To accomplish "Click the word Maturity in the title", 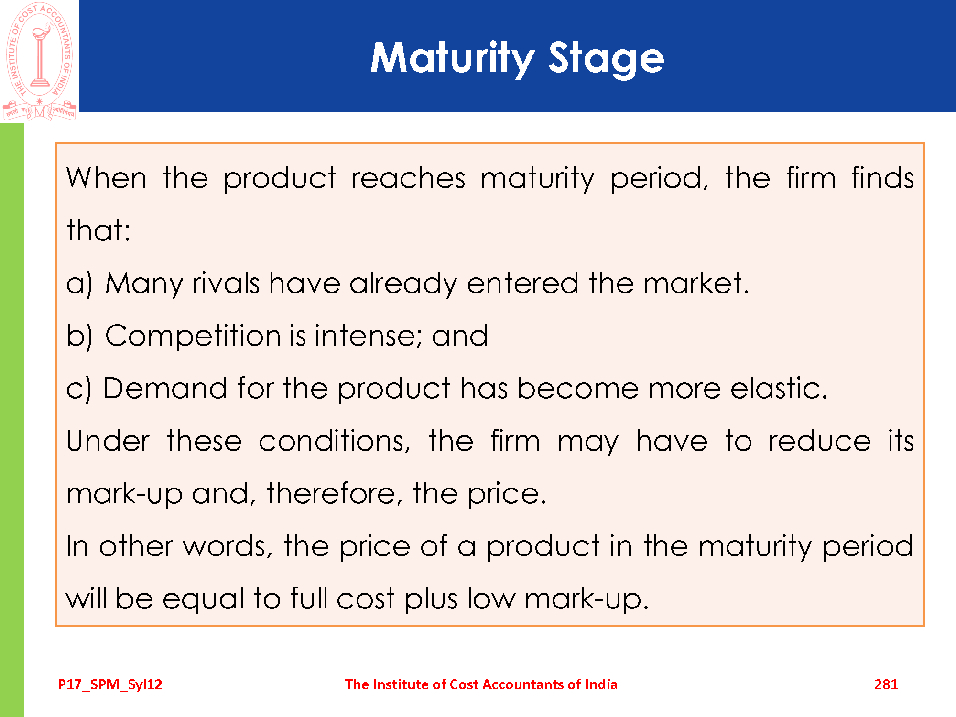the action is [x=453, y=58].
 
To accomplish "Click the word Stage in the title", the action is [x=606, y=58].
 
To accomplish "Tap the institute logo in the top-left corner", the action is [x=40, y=61].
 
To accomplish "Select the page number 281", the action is [x=886, y=684].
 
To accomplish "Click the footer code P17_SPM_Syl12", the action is [x=110, y=684].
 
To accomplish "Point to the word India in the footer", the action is [x=601, y=684].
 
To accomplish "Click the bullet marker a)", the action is [x=79, y=283].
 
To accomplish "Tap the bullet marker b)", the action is [x=79, y=336].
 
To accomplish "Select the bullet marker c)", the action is [x=78, y=389].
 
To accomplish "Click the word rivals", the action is [x=226, y=283].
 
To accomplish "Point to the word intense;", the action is [x=369, y=336].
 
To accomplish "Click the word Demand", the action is [x=165, y=388].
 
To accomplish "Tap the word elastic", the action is [x=779, y=388].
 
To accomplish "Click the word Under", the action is [x=108, y=440].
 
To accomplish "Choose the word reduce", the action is [x=820, y=440].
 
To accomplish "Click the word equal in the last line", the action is [x=204, y=599].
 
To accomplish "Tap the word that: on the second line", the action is [x=98, y=230].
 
